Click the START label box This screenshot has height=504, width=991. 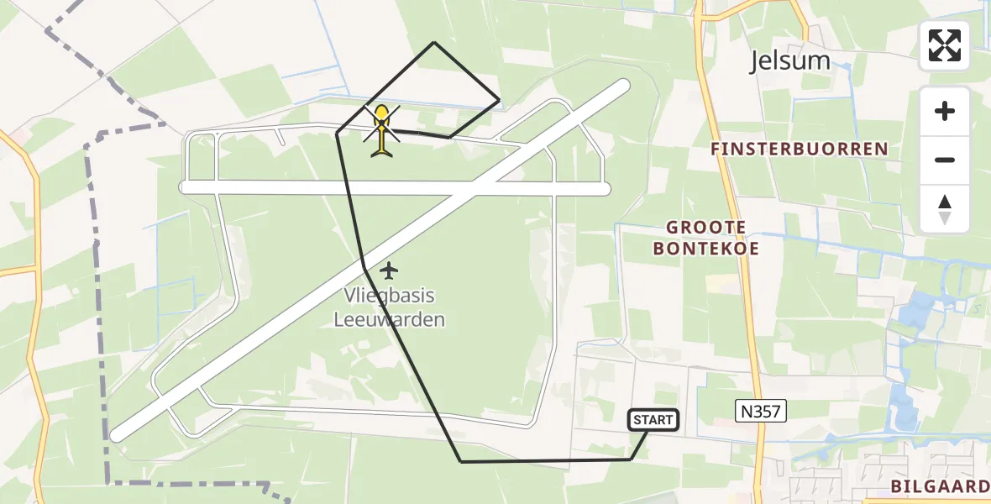point(653,419)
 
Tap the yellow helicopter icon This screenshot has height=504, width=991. point(382,131)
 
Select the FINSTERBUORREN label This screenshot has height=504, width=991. point(799,150)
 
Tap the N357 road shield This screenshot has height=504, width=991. point(761,409)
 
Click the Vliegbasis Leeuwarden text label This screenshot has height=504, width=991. point(389,307)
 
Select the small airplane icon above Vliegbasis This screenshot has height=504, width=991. point(388,270)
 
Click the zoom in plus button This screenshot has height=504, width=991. point(945,111)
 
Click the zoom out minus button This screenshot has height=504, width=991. point(945,160)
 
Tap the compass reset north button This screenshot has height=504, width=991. point(945,209)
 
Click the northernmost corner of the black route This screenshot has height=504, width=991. point(434,42)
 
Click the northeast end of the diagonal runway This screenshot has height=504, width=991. point(622,86)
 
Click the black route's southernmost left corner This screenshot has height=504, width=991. point(461,461)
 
